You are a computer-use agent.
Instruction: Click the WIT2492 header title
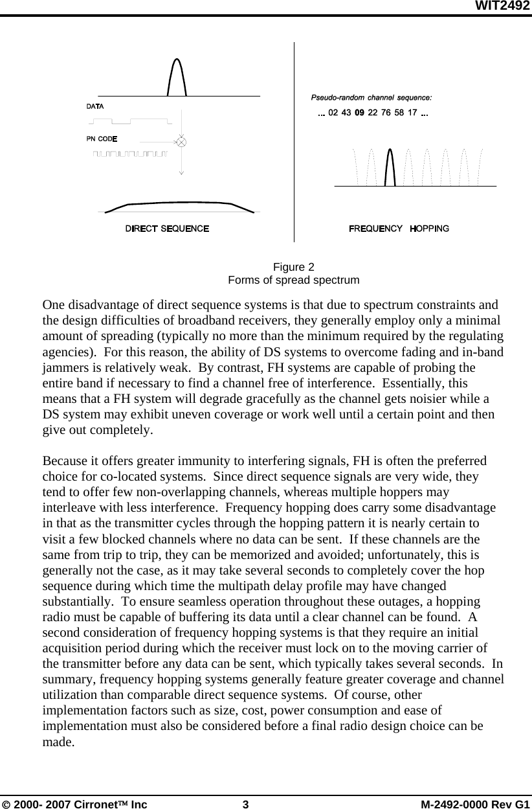[x=503, y=6]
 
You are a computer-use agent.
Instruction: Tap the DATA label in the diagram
[x=95, y=106]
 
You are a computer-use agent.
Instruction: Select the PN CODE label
[x=102, y=139]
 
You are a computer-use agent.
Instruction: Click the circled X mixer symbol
[x=182, y=141]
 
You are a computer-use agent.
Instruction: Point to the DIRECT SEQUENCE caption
[x=167, y=229]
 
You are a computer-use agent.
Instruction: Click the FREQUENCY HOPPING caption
[x=399, y=229]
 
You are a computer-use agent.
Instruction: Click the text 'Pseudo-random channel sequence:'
[x=371, y=98]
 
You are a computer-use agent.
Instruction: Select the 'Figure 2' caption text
[x=293, y=268]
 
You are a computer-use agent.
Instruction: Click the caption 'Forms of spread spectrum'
[x=293, y=280]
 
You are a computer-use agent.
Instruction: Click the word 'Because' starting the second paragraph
[x=63, y=462]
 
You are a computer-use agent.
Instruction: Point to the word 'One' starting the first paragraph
[x=52, y=304]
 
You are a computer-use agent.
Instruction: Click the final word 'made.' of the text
[x=58, y=742]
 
